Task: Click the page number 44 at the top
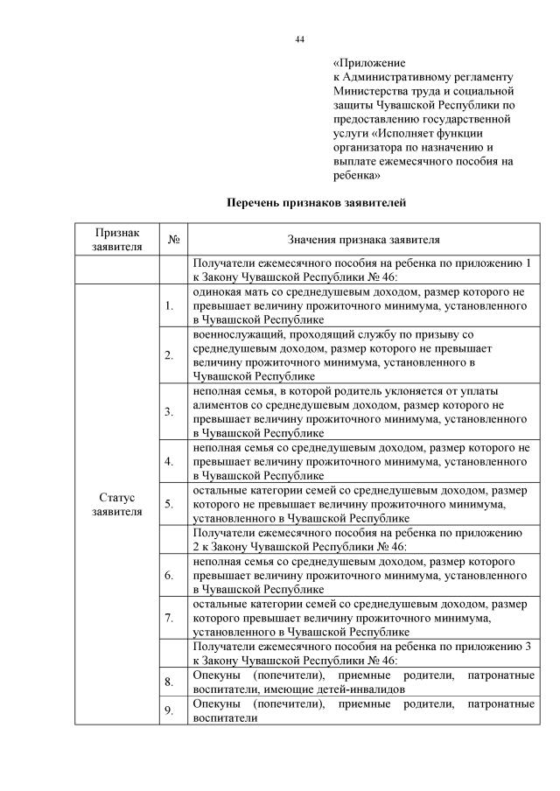click(299, 38)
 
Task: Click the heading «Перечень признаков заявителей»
click(316, 203)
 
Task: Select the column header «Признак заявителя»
click(116, 239)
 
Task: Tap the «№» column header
click(173, 239)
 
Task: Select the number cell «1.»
click(169, 305)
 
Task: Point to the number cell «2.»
click(169, 354)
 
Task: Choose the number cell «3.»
click(169, 410)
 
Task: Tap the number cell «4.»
click(169, 459)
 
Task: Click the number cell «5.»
click(169, 503)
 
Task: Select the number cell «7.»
click(169, 618)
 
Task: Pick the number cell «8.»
click(169, 682)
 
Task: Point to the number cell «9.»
click(169, 710)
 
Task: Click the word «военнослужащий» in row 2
click(235, 335)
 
